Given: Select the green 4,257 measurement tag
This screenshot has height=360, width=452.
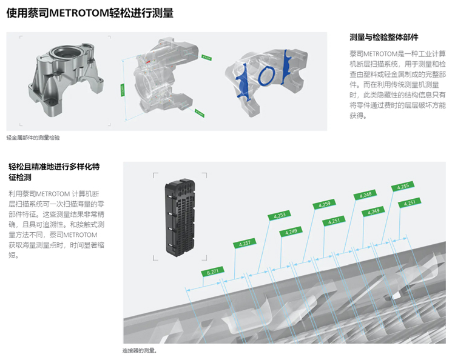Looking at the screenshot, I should [245, 244].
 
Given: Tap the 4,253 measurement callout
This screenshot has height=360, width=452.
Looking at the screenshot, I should [280, 215].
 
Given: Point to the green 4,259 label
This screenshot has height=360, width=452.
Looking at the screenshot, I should [324, 204].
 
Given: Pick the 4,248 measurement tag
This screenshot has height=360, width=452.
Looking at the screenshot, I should [365, 195].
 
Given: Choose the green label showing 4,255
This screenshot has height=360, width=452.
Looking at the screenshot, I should [403, 186].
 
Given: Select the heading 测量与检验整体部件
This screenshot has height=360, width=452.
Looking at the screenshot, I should [385, 37].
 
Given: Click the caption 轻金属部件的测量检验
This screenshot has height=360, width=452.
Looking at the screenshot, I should [33, 138].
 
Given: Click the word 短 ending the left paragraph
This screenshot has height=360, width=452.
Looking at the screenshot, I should [13, 255].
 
